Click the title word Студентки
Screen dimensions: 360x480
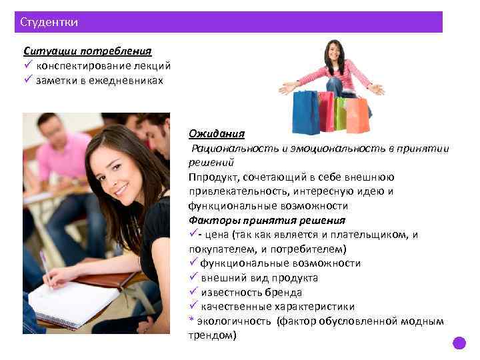pos(49,22)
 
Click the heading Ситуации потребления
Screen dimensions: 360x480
pos(87,51)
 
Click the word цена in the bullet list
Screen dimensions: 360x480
pos(217,235)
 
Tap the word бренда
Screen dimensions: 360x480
pos(283,293)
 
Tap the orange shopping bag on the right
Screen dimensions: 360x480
pos(357,115)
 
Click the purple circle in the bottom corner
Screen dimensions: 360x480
pos(459,344)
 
